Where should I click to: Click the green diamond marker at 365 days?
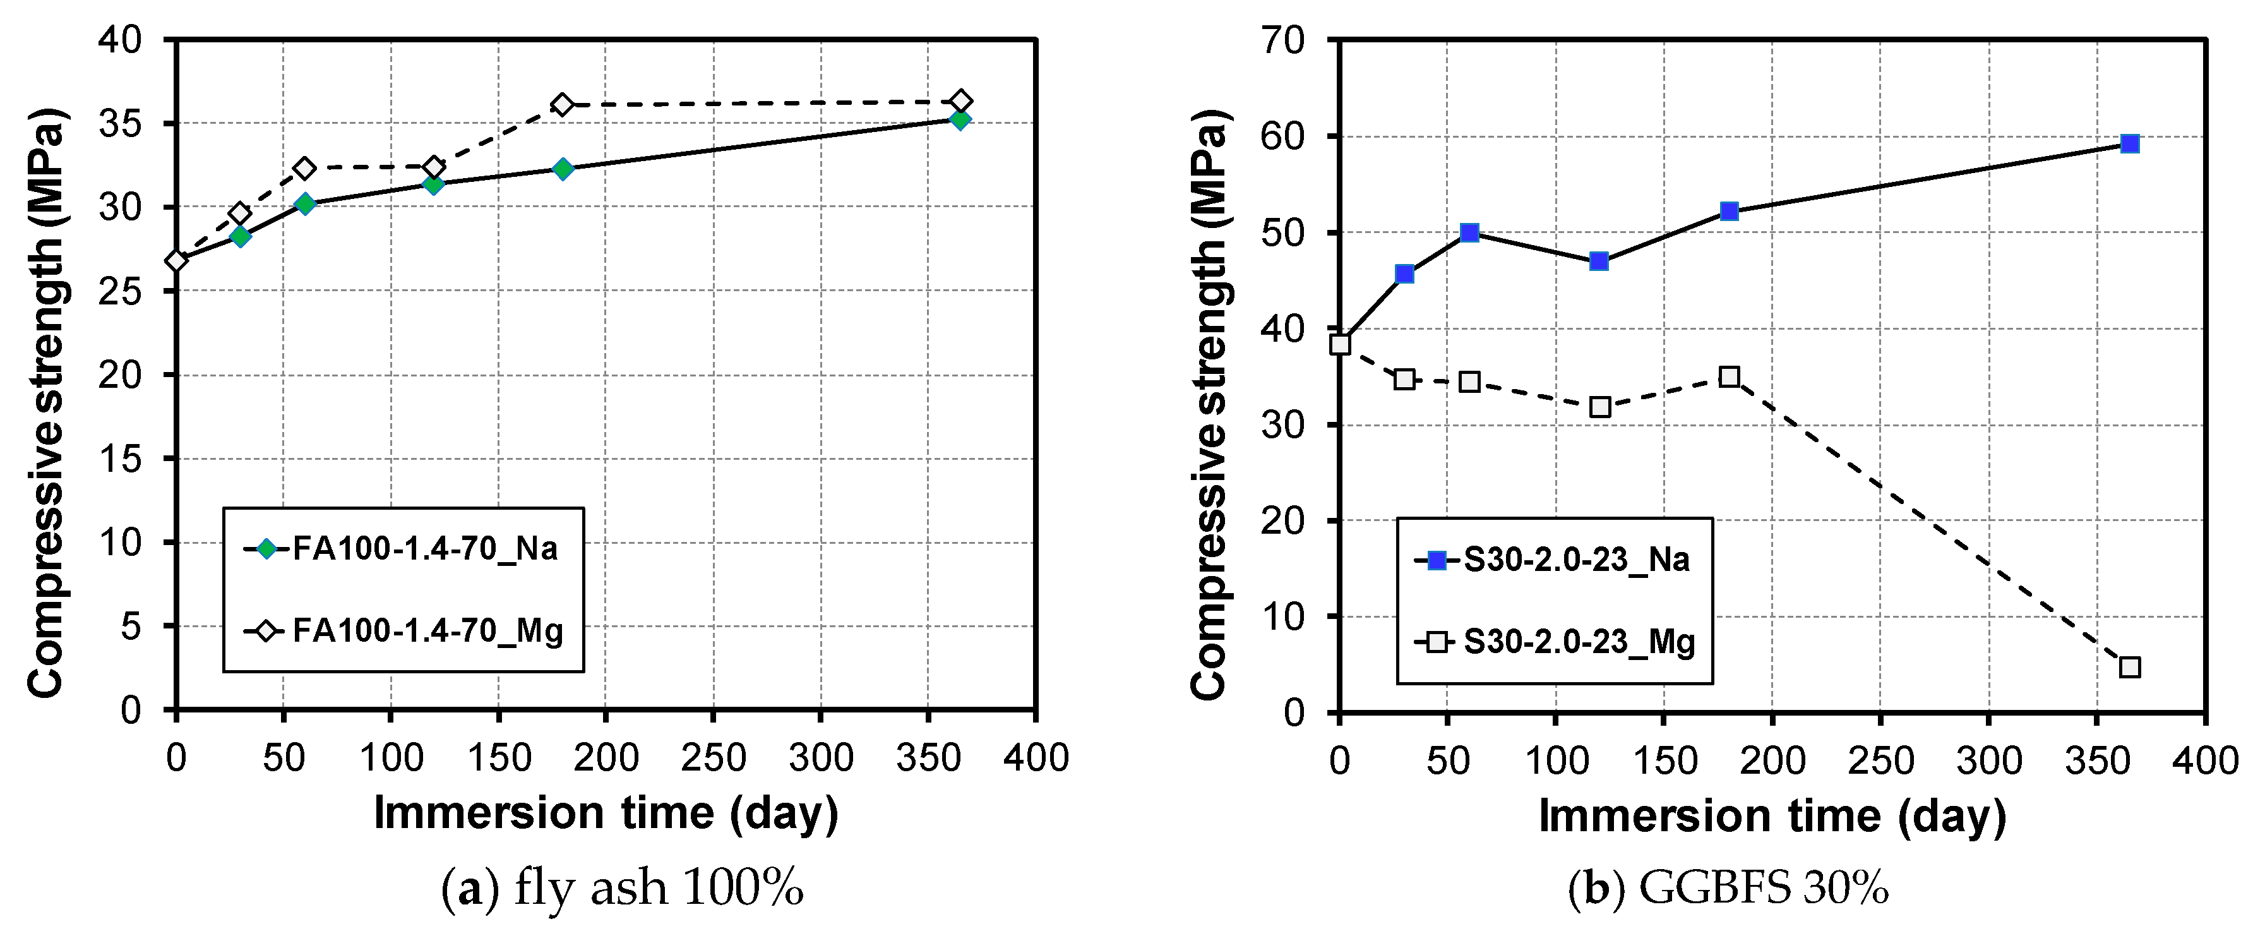pyautogui.click(x=959, y=119)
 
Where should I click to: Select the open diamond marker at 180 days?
pyautogui.click(x=563, y=105)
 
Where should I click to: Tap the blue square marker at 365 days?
pyautogui.click(x=2130, y=143)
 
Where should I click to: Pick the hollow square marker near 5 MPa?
pyautogui.click(x=2130, y=667)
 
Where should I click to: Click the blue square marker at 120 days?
pyautogui.click(x=1599, y=261)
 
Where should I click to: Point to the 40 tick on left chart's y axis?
pyautogui.click(x=120, y=40)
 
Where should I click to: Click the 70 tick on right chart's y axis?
pyautogui.click(x=1283, y=40)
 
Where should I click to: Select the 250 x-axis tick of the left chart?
pyautogui.click(x=714, y=758)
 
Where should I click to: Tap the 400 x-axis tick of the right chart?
pyautogui.click(x=2205, y=760)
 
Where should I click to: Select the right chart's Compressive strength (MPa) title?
pyautogui.click(x=1210, y=404)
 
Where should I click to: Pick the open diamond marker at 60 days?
pyautogui.click(x=304, y=168)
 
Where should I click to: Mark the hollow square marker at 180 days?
pyautogui.click(x=1729, y=377)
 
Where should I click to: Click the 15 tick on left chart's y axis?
pyautogui.click(x=120, y=459)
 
